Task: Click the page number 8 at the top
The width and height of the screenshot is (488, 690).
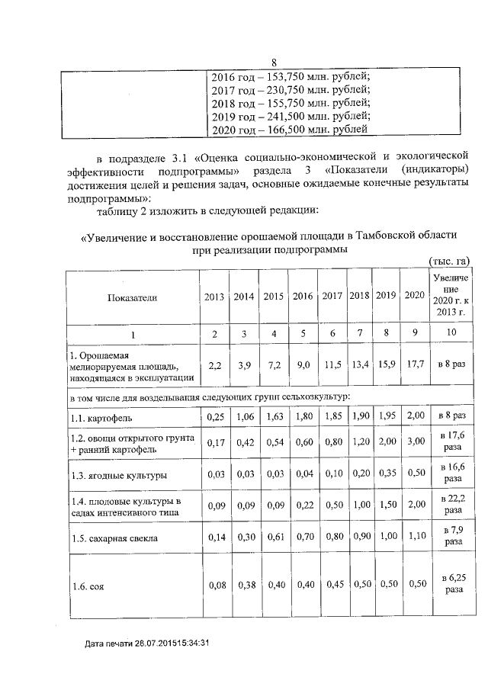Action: pos(275,63)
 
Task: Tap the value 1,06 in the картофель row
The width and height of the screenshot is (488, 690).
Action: pos(243,417)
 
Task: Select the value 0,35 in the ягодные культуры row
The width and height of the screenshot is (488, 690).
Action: pos(387,473)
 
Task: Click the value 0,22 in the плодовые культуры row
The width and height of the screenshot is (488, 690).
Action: pos(303,505)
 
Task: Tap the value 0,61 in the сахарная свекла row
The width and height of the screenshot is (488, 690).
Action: pos(273,536)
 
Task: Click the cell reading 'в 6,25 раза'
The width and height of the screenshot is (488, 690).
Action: pos(448,585)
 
